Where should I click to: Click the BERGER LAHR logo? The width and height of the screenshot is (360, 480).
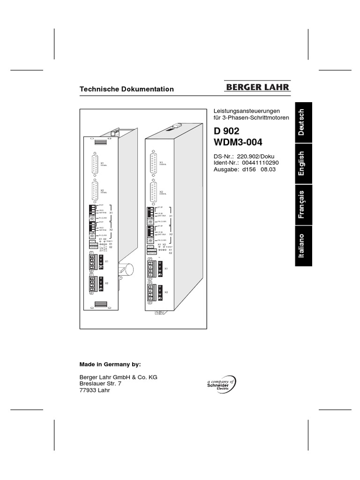[x=258, y=87]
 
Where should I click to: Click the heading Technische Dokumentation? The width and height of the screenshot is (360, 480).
[x=127, y=89]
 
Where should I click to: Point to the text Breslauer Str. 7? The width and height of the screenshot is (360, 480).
[x=101, y=383]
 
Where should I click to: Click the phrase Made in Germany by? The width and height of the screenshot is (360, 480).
[x=110, y=364]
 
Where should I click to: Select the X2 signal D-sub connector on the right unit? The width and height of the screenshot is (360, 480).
[x=153, y=193]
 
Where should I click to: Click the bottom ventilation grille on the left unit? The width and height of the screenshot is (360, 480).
[x=101, y=304]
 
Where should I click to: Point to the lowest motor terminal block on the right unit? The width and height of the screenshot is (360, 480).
[x=153, y=292]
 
